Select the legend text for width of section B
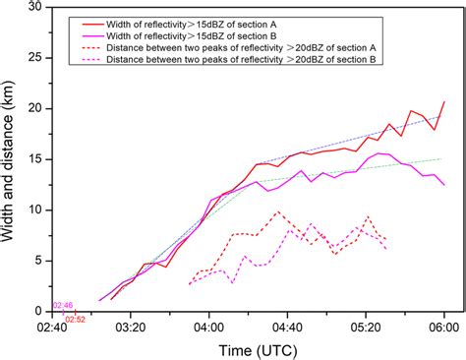(x=213, y=34)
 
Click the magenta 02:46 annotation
(x=62, y=307)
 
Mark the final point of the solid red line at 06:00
(x=444, y=101)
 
